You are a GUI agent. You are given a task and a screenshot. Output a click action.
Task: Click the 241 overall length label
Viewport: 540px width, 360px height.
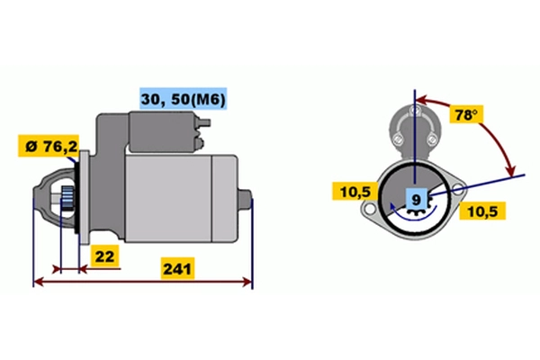pyautogui.click(x=177, y=269)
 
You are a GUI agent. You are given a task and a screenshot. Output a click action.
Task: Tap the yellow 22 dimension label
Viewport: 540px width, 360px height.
pyautogui.click(x=104, y=256)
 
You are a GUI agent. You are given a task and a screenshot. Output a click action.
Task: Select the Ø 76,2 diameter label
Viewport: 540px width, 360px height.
pyautogui.click(x=49, y=146)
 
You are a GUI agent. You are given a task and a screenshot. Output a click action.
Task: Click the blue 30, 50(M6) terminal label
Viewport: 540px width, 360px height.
pyautogui.click(x=184, y=99)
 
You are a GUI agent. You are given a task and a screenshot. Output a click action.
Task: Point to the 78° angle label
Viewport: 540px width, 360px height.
pyautogui.click(x=466, y=114)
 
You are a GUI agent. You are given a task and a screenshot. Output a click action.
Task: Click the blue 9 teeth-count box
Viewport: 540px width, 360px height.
pyautogui.click(x=417, y=200)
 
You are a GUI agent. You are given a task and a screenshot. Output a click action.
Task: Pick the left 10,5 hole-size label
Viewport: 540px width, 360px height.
pyautogui.click(x=355, y=192)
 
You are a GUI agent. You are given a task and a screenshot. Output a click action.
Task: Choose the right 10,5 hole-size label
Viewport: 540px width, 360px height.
pyautogui.click(x=482, y=211)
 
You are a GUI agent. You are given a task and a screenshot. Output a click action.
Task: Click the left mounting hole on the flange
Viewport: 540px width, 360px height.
pyautogui.click(x=370, y=209)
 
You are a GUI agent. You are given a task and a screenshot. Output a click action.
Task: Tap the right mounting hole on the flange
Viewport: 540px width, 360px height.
pyautogui.click(x=458, y=188)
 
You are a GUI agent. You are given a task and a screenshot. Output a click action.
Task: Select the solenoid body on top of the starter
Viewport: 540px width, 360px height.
pyautogui.click(x=164, y=131)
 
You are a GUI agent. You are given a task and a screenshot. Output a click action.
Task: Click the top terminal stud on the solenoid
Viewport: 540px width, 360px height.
pyautogui.click(x=204, y=122)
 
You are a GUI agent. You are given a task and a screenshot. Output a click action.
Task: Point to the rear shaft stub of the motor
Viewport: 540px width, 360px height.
pyautogui.click(x=245, y=199)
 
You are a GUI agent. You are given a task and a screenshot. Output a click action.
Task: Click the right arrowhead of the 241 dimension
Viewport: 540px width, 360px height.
pyautogui.click(x=247, y=282)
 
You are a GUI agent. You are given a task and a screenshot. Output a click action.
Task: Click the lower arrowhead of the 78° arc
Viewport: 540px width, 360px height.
pyautogui.click(x=511, y=171)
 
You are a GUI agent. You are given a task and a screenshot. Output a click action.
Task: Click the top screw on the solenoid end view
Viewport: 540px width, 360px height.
pyautogui.click(x=414, y=111)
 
